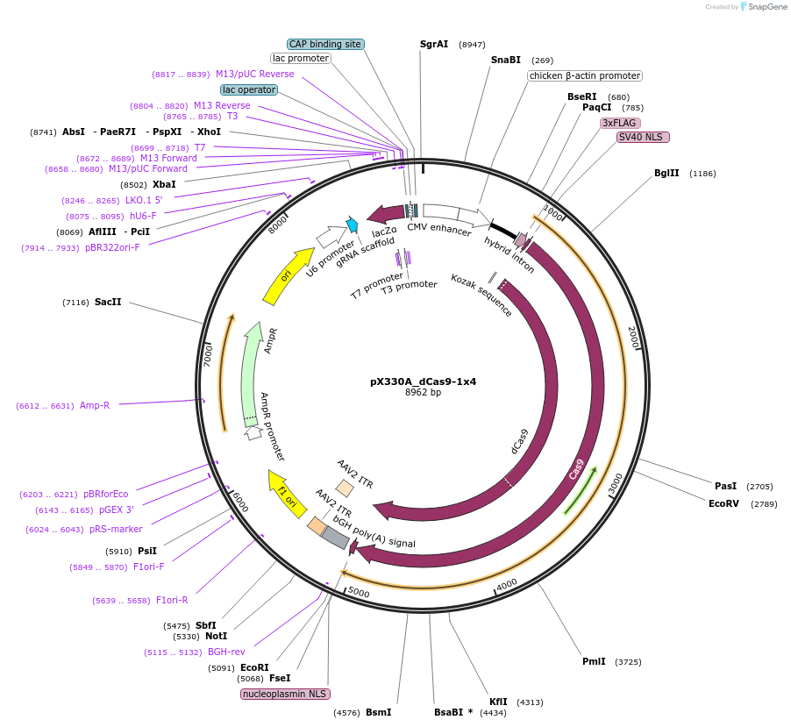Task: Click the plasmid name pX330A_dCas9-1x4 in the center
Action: [423, 381]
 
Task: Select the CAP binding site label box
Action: [325, 44]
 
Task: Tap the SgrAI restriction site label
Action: [434, 44]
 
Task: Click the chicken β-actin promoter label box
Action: [584, 75]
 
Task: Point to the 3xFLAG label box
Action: [620, 123]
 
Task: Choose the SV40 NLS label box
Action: [643, 137]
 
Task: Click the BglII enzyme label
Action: [666, 173]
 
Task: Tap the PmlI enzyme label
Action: [594, 661]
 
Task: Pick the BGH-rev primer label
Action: [226, 652]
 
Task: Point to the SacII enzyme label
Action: [108, 302]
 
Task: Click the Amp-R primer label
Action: [95, 405]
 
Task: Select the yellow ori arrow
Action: [288, 275]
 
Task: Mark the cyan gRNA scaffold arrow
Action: [353, 225]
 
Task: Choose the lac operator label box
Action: [249, 89]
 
